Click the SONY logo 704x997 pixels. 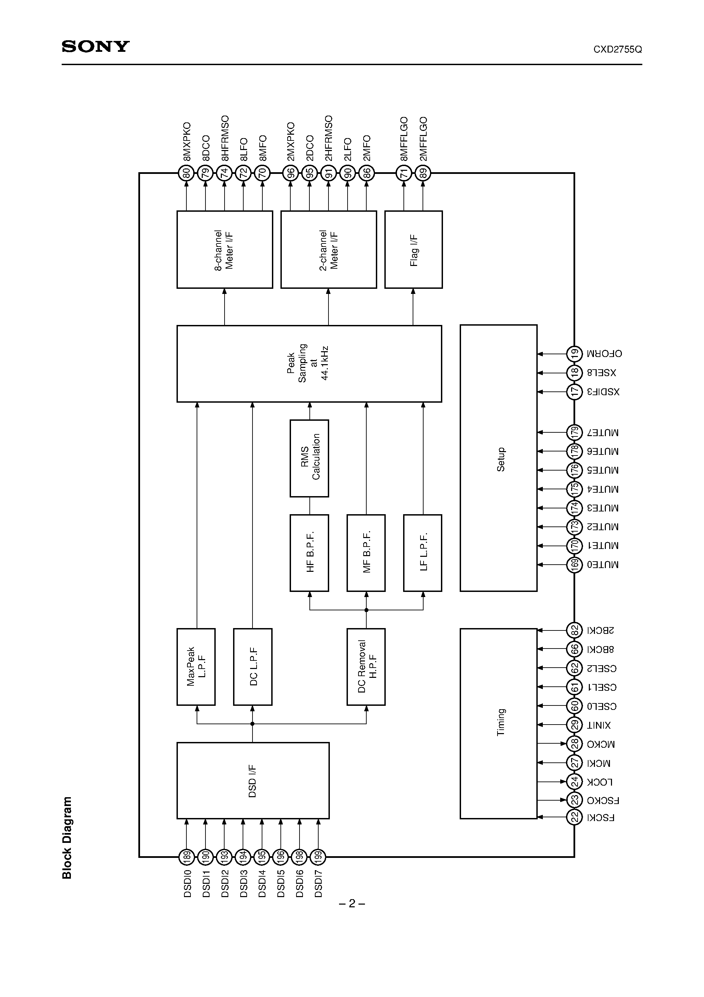pos(95,46)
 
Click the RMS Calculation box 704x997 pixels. pos(309,458)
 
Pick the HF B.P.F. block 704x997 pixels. pos(309,552)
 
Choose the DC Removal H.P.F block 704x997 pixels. pos(366,667)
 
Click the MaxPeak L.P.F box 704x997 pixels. pos(196,667)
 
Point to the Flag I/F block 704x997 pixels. pos(413,250)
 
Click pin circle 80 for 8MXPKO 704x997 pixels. pos(187,174)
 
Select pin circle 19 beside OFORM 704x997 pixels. pos(574,354)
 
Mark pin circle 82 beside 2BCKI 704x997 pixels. pos(574,630)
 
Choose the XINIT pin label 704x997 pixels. pos(599,725)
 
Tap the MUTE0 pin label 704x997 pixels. pos(603,565)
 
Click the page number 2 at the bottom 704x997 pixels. pos(352,904)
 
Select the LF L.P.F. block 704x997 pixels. pos(423,552)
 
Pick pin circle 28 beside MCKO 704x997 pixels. pos(574,744)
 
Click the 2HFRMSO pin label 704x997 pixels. pos(328,138)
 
